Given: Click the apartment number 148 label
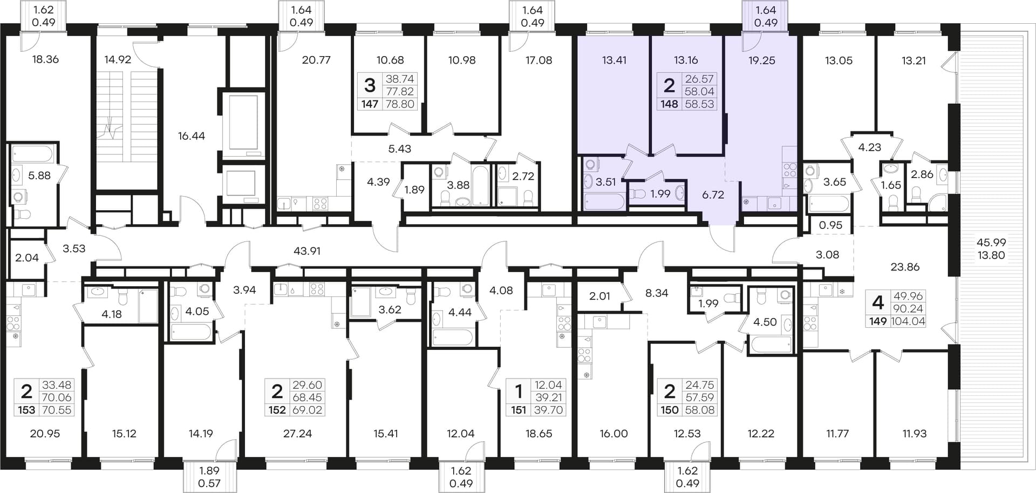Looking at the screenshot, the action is (669, 104).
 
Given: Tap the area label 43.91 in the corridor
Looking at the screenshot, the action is (307, 251).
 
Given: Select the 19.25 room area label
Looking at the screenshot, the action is (762, 60).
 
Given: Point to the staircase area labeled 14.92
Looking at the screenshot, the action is (118, 60).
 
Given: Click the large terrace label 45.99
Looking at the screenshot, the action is (991, 243).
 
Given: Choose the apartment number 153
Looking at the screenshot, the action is (26, 410).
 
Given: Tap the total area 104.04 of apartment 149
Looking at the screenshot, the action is (909, 322).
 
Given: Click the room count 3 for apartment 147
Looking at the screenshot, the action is (370, 85).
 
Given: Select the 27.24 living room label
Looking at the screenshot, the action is (297, 434).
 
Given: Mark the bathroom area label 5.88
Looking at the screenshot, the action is (39, 175).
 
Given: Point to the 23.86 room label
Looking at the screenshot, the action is (905, 267).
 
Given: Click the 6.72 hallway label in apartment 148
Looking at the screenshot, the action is (713, 195).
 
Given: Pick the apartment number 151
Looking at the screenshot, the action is (519, 410).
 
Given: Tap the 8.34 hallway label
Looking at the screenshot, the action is (657, 293).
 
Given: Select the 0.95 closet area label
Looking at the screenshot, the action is (830, 225).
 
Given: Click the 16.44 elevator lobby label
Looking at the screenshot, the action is (192, 136).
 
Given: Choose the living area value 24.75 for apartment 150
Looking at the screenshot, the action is (699, 386).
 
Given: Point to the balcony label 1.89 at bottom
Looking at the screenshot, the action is (209, 471).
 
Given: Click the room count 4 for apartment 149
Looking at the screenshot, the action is (878, 302).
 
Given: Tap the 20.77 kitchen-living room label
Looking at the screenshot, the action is (316, 60).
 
